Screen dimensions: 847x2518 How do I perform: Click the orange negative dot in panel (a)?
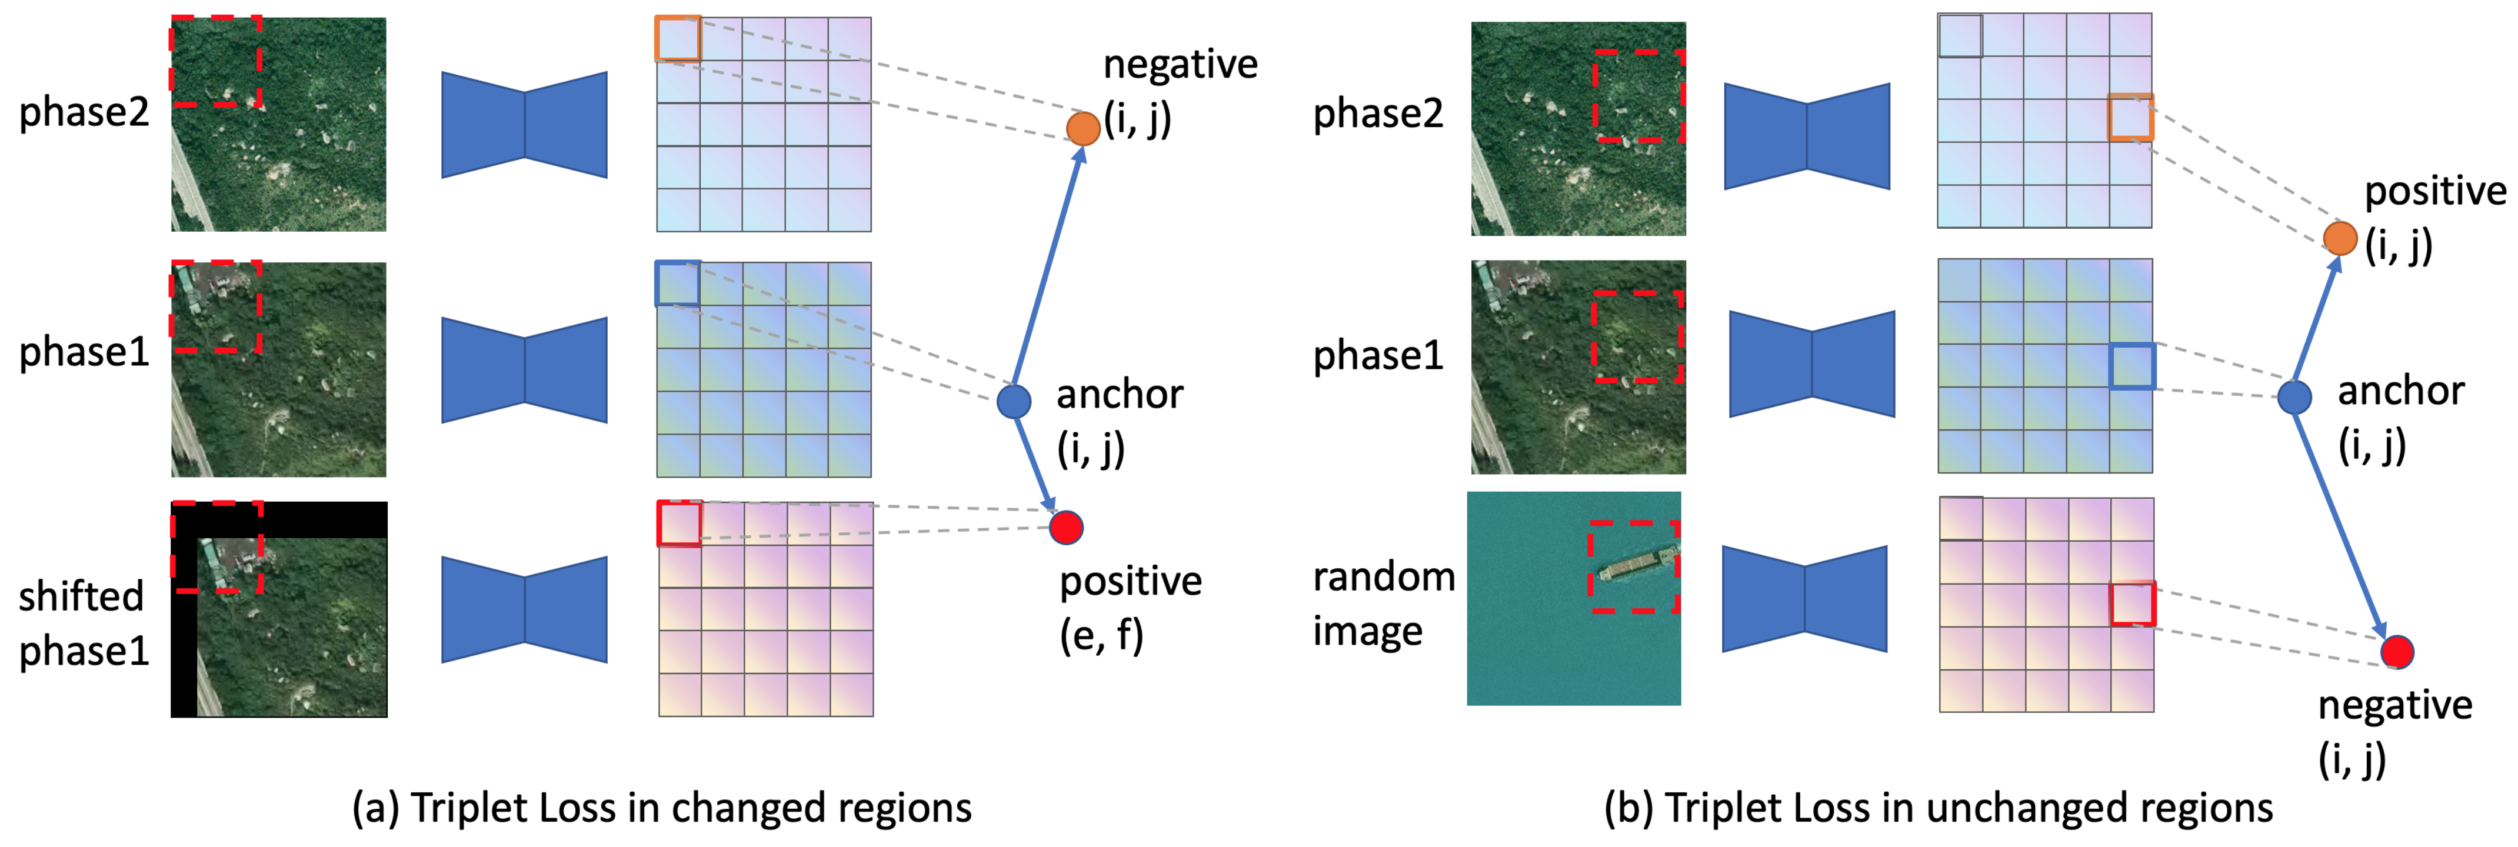[1083, 128]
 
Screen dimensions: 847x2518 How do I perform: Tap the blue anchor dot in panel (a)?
[1014, 401]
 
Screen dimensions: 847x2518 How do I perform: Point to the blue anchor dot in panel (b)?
[2294, 396]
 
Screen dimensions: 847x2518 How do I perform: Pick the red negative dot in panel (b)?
[2397, 652]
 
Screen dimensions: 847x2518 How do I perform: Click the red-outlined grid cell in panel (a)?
[680, 523]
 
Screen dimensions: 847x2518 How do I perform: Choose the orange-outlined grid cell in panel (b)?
[2131, 117]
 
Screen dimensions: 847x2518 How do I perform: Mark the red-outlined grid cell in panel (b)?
[2133, 603]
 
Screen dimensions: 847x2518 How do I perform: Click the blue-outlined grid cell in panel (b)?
[2133, 366]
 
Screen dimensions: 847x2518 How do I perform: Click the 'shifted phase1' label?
[83, 622]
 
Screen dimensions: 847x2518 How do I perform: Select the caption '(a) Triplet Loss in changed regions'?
[662, 808]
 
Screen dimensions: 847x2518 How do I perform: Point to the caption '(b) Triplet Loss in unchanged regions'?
[1939, 808]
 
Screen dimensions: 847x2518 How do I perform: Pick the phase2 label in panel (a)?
[84, 112]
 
